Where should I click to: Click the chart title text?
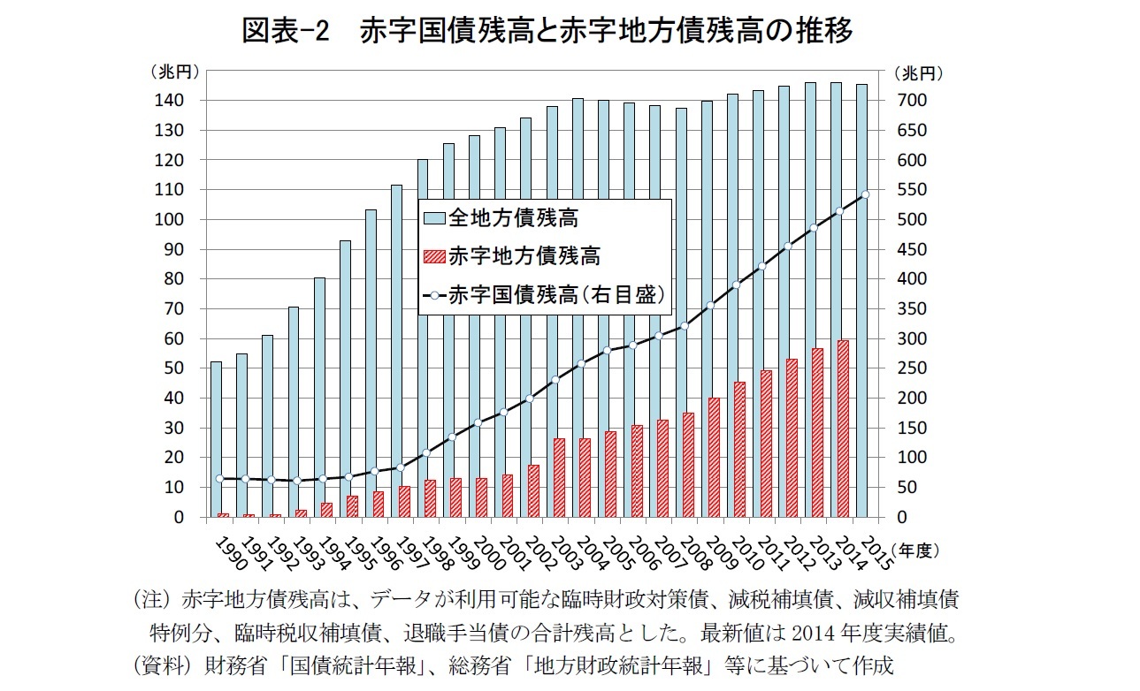coord(547,32)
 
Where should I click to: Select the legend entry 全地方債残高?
coord(513,217)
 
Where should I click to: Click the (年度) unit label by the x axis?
coord(913,550)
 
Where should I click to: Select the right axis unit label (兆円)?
coord(919,72)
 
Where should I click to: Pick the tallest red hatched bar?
coord(844,429)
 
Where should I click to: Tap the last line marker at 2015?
coord(866,194)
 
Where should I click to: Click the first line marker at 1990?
coord(219,478)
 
